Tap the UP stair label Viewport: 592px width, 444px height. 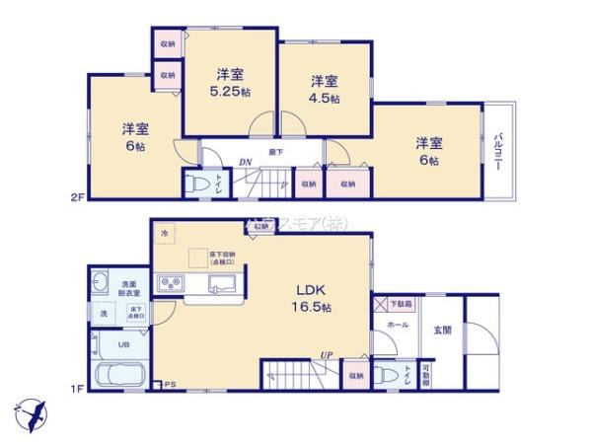[325, 355]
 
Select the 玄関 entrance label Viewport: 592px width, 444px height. [442, 330]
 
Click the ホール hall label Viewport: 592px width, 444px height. [399, 323]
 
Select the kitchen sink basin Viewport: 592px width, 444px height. [220, 285]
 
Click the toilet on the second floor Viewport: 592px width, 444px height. [200, 185]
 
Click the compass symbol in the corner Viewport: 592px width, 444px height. [31, 410]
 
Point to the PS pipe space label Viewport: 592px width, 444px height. [170, 383]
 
